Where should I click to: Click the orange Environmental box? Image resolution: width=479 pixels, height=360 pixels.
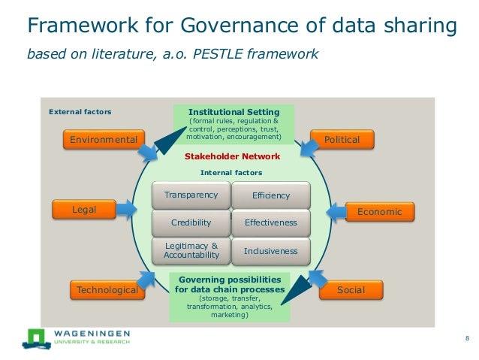(104, 140)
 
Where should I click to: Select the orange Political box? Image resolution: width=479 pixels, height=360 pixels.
(341, 140)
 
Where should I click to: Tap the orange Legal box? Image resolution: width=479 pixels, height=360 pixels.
(83, 210)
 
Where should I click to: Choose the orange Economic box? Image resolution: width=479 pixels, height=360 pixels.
(379, 212)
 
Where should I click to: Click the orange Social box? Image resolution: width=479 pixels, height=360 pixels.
(351, 290)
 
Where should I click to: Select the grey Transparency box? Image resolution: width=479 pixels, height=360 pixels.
(191, 195)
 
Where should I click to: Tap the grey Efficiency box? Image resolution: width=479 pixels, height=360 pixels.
(271, 195)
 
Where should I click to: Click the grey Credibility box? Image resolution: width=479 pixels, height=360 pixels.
(191, 222)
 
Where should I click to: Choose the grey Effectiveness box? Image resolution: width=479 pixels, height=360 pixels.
(271, 222)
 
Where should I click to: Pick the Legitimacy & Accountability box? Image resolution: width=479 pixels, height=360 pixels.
(191, 250)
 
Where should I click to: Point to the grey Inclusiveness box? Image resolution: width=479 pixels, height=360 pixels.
(271, 251)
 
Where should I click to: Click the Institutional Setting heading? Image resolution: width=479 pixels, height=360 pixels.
(233, 112)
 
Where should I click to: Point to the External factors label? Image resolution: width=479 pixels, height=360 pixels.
(80, 112)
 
